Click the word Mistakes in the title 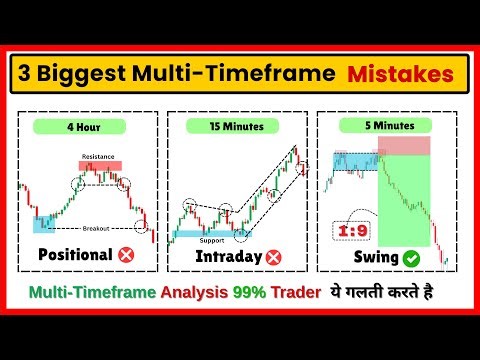[397, 74]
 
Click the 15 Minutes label [236, 127]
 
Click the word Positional [74, 255]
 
